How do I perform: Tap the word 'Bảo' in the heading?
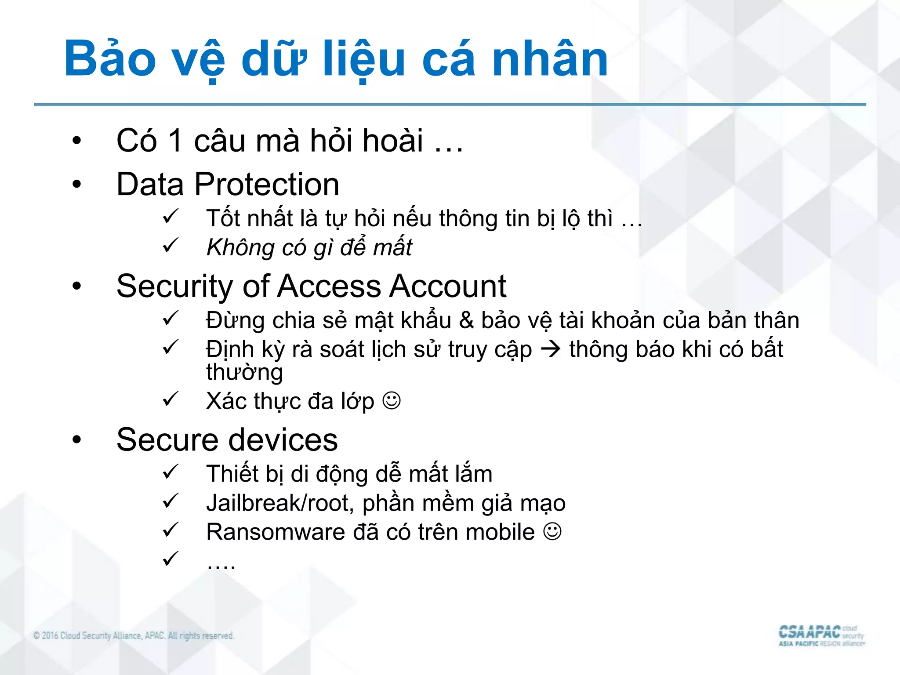(x=110, y=59)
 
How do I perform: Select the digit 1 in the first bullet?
(x=175, y=141)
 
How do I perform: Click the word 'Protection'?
(x=267, y=184)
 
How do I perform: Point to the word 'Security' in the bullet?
(x=174, y=287)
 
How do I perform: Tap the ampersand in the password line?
(x=466, y=320)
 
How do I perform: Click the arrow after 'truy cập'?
(x=551, y=350)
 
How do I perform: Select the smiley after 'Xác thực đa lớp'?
(x=392, y=401)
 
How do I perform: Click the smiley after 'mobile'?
(x=552, y=532)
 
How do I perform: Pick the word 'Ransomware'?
(x=276, y=532)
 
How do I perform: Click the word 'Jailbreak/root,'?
(x=280, y=503)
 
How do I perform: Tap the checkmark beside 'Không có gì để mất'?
(x=170, y=245)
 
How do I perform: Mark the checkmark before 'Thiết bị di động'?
(x=170, y=472)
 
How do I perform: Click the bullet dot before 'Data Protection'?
(x=77, y=184)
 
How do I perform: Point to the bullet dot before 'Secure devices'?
(x=77, y=439)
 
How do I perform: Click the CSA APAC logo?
(x=821, y=635)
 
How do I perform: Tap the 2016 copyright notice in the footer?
(x=134, y=635)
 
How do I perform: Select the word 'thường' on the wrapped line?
(x=244, y=373)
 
